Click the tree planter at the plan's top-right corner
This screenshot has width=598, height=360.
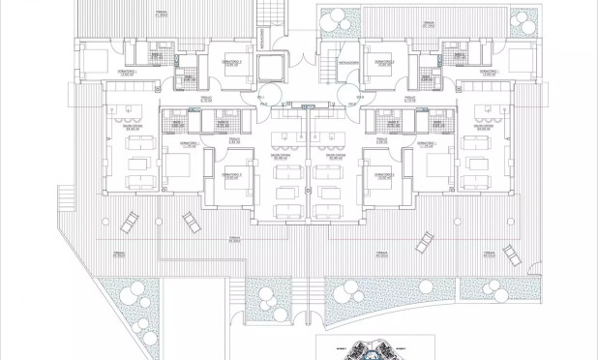(x=523, y=20)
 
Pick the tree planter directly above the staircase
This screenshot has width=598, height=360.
(x=339, y=20)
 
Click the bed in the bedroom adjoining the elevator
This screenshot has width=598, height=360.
(x=228, y=61)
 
